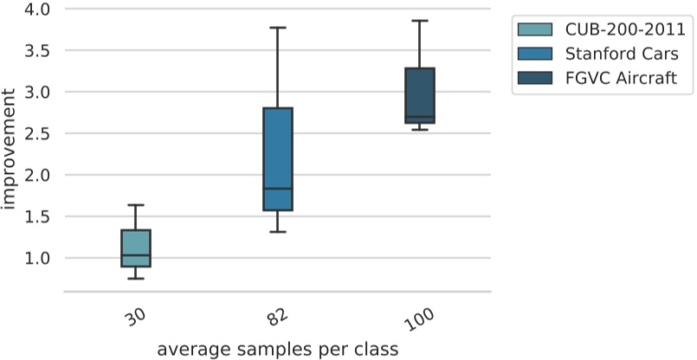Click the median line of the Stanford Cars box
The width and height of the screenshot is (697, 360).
tap(278, 189)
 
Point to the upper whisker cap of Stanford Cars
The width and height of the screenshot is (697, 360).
tap(278, 28)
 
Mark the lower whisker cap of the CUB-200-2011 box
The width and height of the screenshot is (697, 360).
tap(136, 279)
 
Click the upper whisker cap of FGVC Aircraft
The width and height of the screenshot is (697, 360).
tap(420, 21)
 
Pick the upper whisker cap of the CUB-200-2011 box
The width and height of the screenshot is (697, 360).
tap(136, 205)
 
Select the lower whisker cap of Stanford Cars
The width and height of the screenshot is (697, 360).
tap(278, 232)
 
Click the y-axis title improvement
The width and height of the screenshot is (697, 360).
tap(10, 151)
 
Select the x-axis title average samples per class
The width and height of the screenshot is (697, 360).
tap(278, 349)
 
